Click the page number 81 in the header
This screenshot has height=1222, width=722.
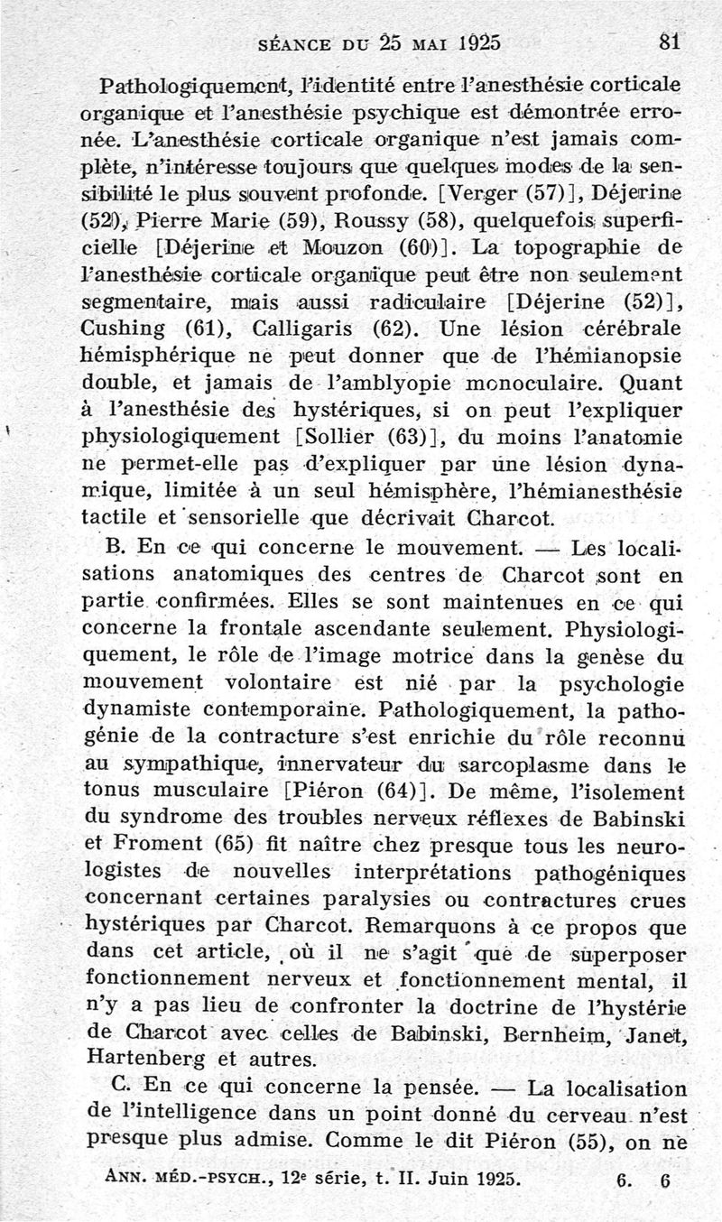[669, 41]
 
